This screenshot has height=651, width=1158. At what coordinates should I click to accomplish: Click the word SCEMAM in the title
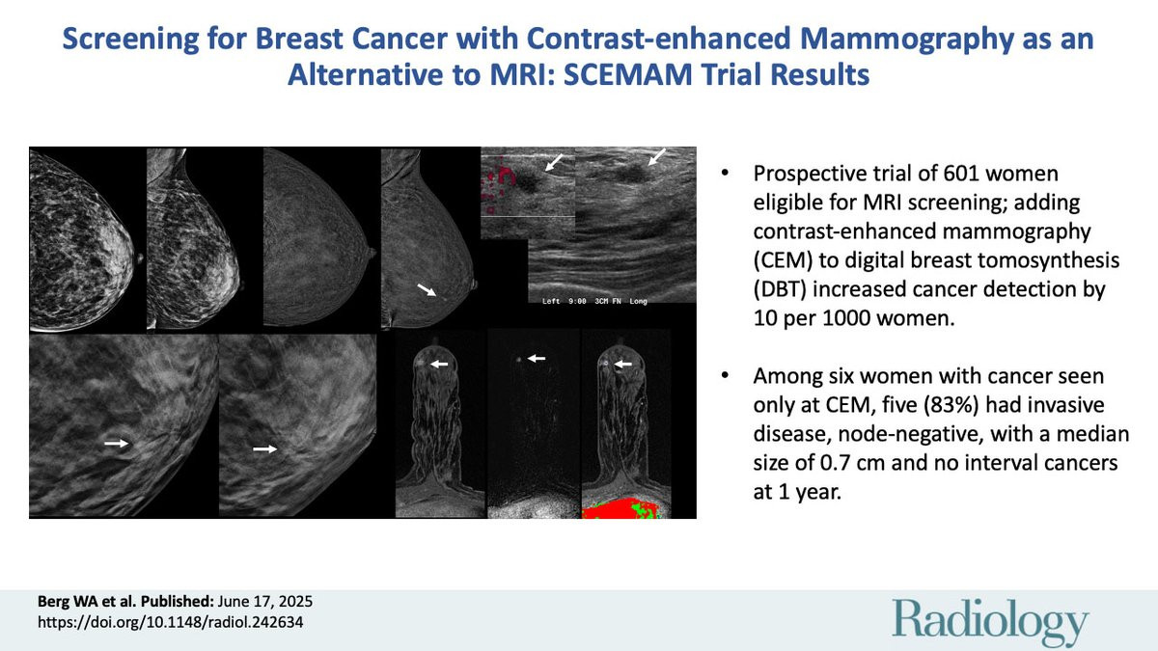627,74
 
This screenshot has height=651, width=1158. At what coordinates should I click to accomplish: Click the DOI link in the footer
171,622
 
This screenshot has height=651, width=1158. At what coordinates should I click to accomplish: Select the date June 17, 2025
265,602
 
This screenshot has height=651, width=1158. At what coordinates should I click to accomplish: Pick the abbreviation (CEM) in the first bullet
783,260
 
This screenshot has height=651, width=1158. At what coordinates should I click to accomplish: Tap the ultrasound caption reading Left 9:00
564,301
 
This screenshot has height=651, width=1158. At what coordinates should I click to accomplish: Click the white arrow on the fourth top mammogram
427,289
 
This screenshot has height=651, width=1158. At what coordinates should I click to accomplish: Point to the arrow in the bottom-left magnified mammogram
116,444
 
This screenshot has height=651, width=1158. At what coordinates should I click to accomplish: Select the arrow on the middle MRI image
537,358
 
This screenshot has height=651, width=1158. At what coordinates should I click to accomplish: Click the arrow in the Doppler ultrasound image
554,162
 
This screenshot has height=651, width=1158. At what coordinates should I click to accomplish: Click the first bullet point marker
725,173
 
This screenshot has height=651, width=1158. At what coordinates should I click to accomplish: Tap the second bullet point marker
725,375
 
